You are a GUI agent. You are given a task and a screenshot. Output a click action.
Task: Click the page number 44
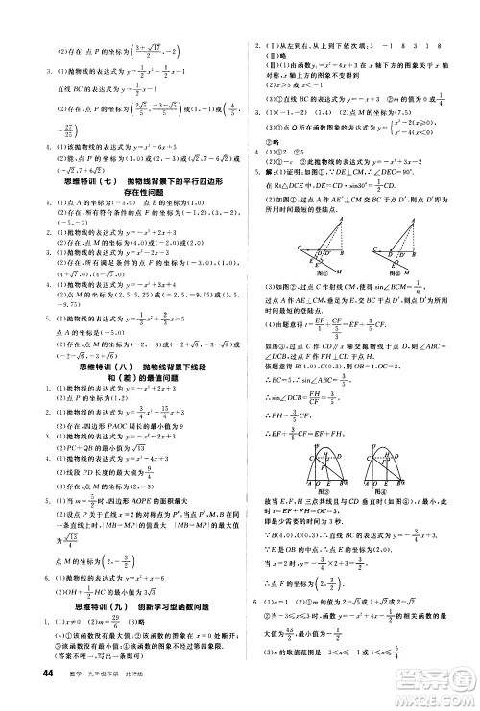[20, 695]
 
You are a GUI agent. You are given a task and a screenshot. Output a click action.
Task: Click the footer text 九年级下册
[97, 696]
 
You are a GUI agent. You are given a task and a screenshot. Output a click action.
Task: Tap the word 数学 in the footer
[67, 696]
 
